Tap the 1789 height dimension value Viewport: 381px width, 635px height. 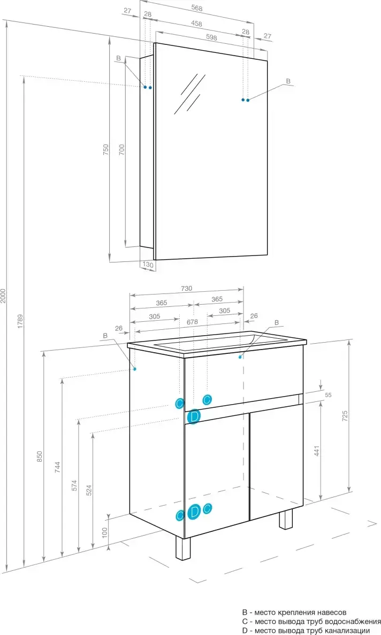[x=21, y=321]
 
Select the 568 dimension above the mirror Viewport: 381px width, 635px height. [x=196, y=7]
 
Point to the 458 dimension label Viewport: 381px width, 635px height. [x=196, y=24]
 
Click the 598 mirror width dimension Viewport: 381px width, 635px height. [x=211, y=37]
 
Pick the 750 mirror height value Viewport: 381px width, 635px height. [x=106, y=150]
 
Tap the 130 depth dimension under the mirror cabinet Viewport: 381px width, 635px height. [x=148, y=265]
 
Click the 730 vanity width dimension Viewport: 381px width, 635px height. [x=186, y=288]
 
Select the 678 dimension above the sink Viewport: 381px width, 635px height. [x=192, y=322]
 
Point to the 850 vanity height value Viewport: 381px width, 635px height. [x=39, y=457]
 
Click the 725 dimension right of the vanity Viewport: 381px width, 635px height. [x=345, y=416]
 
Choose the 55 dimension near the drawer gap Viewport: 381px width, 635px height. [x=329, y=394]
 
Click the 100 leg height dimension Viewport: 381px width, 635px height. [x=104, y=532]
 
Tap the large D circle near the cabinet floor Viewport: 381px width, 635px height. [x=195, y=512]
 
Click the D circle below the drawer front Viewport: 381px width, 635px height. [x=194, y=416]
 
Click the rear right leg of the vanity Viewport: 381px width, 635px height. [x=286, y=519]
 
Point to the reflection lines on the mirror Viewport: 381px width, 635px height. [x=189, y=94]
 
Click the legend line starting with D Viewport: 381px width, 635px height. [x=306, y=631]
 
